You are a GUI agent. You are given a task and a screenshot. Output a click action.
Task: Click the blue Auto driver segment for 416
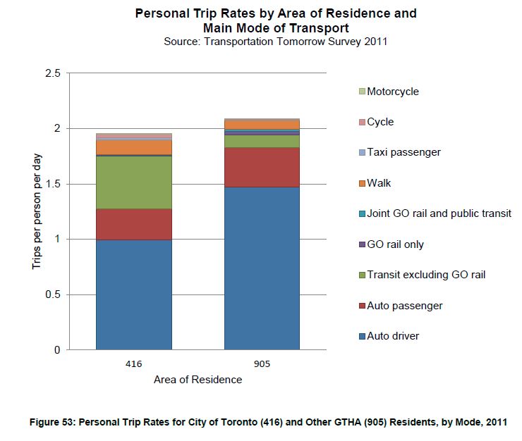click(x=134, y=294)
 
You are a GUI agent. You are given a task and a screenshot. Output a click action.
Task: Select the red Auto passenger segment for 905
click(x=262, y=167)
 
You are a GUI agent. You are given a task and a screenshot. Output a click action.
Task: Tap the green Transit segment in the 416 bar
click(x=134, y=182)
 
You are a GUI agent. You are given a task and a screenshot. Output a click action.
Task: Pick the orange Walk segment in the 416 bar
click(x=134, y=147)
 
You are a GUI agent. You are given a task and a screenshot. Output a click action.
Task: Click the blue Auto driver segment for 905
click(x=262, y=268)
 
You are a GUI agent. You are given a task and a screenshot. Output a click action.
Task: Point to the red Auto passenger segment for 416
click(x=134, y=224)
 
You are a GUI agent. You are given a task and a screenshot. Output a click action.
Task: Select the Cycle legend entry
click(x=380, y=122)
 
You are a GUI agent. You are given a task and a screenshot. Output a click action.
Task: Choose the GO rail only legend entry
click(x=395, y=244)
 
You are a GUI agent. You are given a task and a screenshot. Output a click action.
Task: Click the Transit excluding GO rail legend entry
click(x=426, y=275)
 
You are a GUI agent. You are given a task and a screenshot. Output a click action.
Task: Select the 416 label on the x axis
click(x=134, y=364)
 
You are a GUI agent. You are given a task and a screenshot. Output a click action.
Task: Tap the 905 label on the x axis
click(x=262, y=364)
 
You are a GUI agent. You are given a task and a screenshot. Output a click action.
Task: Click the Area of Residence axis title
click(x=198, y=380)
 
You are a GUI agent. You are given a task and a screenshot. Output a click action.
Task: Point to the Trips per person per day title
click(x=36, y=211)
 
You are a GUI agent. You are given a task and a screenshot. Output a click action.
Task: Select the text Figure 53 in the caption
click(x=51, y=422)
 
